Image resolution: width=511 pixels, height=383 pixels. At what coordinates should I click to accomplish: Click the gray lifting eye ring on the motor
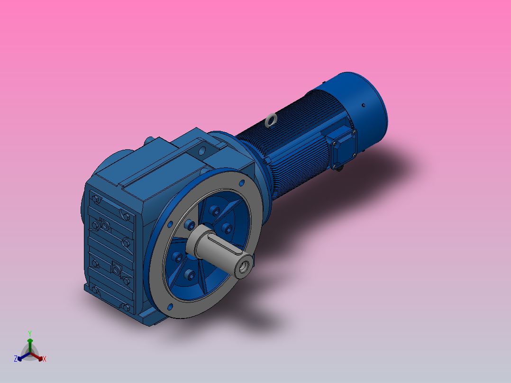coord(271,120)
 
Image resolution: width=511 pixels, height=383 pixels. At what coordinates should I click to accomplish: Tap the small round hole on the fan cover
coord(363,105)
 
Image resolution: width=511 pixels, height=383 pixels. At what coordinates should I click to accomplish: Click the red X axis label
coord(45,359)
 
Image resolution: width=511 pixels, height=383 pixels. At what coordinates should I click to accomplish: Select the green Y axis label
coord(29,333)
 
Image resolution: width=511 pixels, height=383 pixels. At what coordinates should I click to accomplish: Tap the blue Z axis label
coord(16,359)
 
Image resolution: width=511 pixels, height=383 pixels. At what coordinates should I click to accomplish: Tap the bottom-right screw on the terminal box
coord(353,155)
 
